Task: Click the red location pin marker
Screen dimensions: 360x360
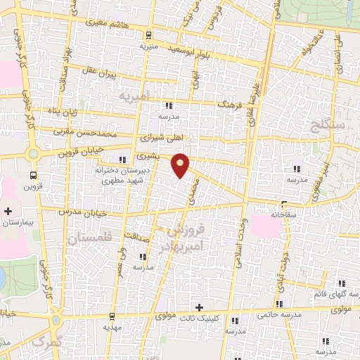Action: [181, 165]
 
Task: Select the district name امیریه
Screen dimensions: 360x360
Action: [134, 95]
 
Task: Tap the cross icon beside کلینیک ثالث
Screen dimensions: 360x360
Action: [200, 307]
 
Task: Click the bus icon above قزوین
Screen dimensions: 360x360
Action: [33, 175]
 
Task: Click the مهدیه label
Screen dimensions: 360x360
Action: [112, 328]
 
